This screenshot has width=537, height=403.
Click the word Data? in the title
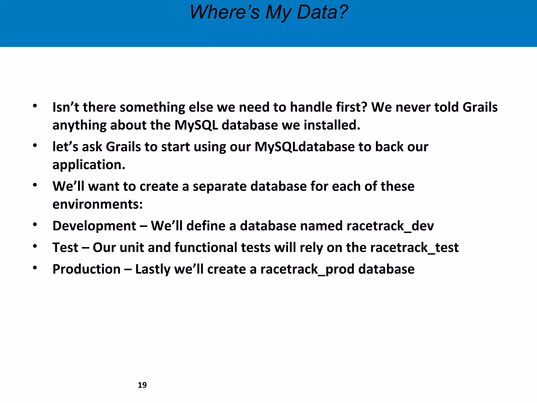pos(322,12)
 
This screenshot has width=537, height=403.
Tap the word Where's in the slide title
pos(224,12)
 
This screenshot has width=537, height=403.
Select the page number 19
pos(142,385)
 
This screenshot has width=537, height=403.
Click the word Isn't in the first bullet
pos(66,107)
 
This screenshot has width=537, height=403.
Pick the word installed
pos(332,125)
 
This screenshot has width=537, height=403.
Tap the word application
pos(89,165)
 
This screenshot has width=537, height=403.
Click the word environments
pos(97,204)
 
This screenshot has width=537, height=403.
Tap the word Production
pos(86,269)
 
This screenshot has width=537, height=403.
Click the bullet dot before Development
pos(35,225)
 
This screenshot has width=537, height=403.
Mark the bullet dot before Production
pos(35,268)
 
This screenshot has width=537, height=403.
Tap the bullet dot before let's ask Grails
pos(35,146)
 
